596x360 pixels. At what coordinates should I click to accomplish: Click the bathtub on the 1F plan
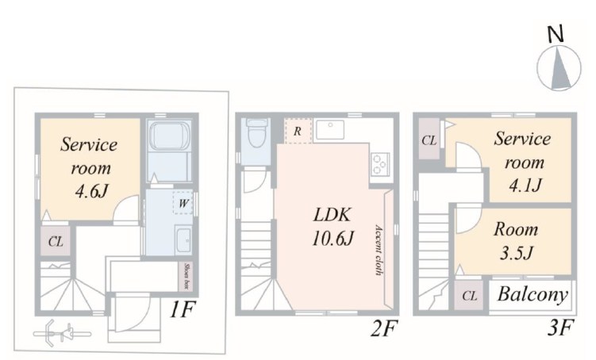[170, 136]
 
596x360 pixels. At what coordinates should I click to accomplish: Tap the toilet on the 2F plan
[256, 133]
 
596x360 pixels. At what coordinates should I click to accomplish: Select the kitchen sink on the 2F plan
[330, 129]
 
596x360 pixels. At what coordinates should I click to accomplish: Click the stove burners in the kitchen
[380, 164]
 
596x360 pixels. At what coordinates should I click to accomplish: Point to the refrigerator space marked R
[298, 131]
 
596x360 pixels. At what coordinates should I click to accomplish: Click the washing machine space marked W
[183, 203]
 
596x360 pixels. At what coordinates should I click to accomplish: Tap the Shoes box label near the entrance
[187, 276]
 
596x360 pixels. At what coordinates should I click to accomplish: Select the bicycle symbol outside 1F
[62, 334]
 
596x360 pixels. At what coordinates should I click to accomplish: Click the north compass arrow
[559, 68]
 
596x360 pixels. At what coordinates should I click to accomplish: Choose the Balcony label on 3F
[533, 294]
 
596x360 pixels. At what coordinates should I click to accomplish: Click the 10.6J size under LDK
[333, 239]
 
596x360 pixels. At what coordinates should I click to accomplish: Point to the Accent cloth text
[379, 250]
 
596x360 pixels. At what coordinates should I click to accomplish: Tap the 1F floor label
[183, 309]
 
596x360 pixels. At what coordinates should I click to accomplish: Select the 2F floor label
[384, 328]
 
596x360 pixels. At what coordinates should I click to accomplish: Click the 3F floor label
[559, 327]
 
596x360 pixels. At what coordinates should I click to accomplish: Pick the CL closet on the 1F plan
[56, 242]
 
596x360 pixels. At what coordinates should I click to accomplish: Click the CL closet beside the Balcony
[470, 296]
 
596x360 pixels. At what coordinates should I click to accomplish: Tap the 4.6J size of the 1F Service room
[91, 191]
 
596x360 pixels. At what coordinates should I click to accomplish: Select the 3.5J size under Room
[516, 253]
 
